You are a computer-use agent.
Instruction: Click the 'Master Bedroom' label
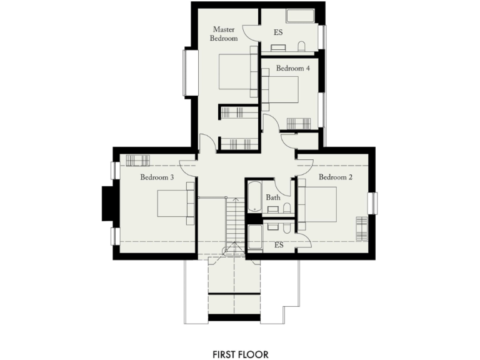click(225, 34)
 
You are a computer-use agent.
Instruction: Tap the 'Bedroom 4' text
click(292, 68)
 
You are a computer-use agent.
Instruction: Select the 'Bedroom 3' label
click(157, 177)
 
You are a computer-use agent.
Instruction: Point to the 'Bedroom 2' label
click(336, 177)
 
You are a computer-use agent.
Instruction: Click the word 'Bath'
click(273, 197)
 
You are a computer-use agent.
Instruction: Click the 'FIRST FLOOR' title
click(240, 354)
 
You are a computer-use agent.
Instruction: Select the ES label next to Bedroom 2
click(279, 245)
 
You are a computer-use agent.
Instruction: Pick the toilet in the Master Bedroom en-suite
click(301, 47)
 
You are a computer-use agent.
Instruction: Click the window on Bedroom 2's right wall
click(373, 203)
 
